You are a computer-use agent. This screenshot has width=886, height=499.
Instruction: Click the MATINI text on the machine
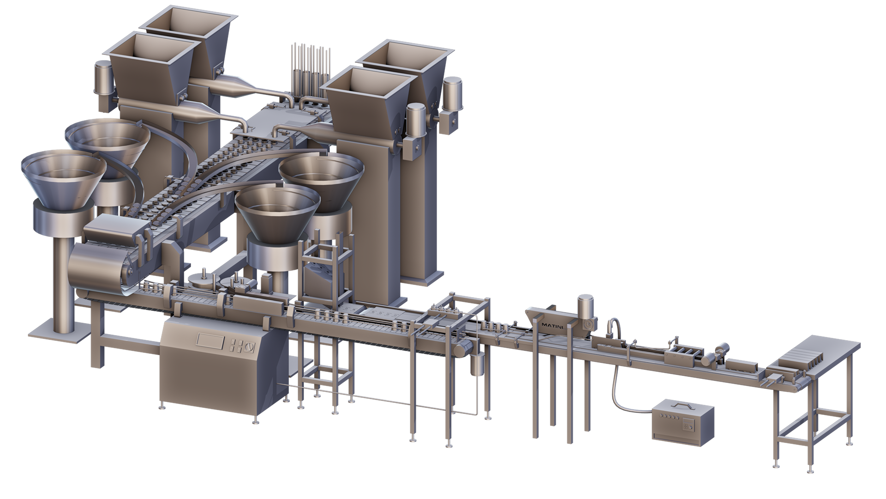tap(552, 325)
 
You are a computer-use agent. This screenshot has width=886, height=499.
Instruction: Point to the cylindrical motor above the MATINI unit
tap(586, 306)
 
